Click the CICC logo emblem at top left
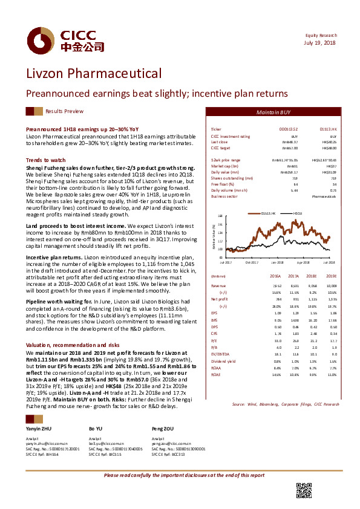(x=39, y=41)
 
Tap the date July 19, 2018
(x=321, y=43)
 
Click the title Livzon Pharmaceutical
(x=94, y=74)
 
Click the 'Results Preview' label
(x=64, y=112)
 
